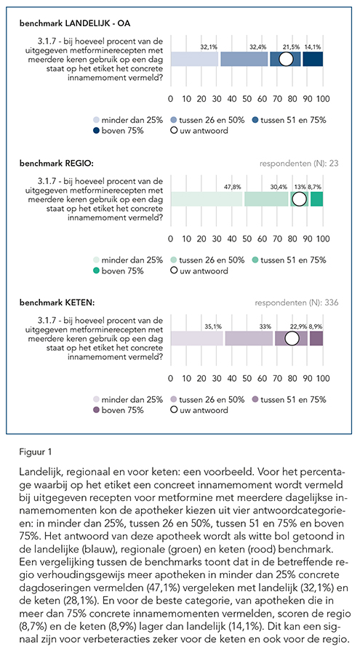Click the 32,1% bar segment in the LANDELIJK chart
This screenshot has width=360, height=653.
[195, 59]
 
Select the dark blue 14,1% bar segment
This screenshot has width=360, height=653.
[313, 59]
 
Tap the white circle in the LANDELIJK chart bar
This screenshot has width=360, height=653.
[286, 59]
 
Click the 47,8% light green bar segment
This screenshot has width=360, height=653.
[207, 199]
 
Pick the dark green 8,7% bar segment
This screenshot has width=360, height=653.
[316, 199]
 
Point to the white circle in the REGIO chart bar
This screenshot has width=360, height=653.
[299, 199]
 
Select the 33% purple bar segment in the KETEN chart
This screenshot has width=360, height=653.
[249, 339]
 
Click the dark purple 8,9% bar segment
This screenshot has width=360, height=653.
[316, 339]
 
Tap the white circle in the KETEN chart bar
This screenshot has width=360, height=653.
[292, 339]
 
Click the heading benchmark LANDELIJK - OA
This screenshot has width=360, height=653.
[75, 23]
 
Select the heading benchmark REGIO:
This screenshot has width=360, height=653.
[57, 163]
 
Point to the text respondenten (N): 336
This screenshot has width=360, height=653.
[297, 303]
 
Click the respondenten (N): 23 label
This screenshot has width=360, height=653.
[299, 163]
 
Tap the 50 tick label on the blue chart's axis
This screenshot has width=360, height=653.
[247, 99]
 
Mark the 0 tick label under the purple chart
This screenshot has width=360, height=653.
[171, 379]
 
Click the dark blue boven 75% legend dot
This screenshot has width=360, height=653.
[96, 131]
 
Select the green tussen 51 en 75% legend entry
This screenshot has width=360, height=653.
[289, 260]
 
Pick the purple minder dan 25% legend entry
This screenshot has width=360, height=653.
[128, 400]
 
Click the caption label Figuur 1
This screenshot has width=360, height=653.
[36, 452]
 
